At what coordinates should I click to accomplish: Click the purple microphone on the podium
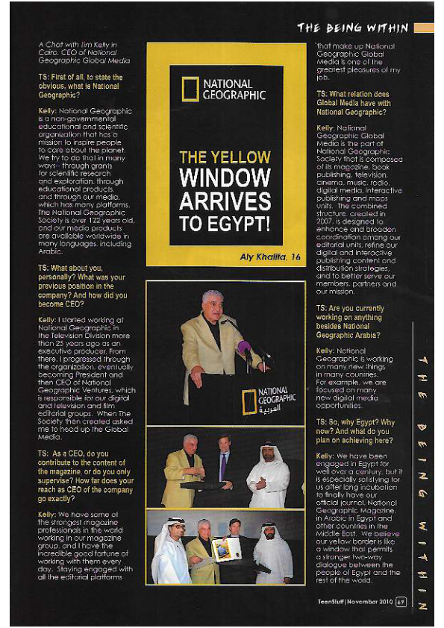pyautogui.click(x=244, y=348)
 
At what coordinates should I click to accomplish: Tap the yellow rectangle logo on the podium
pyautogui.click(x=248, y=401)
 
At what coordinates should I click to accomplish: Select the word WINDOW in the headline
pyautogui.click(x=225, y=178)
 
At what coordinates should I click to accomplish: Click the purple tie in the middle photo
pyautogui.click(x=223, y=467)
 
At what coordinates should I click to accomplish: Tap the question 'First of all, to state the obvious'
pyautogui.click(x=81, y=86)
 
